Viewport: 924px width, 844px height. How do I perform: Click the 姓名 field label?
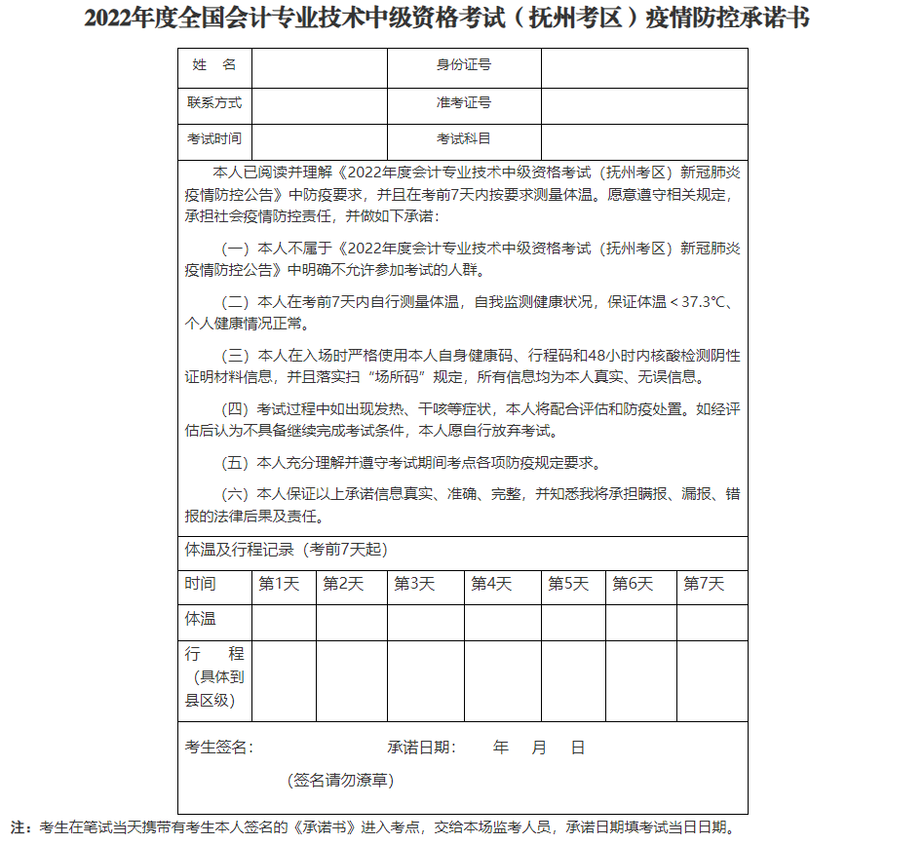coord(214,65)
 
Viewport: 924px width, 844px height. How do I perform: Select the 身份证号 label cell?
coord(464,65)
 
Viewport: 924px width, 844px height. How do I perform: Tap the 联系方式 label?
coord(214,102)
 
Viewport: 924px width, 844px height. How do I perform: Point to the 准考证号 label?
coord(464,102)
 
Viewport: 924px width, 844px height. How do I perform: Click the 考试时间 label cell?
coord(214,139)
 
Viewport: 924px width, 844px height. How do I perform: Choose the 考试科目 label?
coord(464,139)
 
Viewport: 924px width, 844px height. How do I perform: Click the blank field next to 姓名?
coord(320,66)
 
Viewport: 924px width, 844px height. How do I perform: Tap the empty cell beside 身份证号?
coord(644,66)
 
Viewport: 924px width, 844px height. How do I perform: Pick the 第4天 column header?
coord(491,584)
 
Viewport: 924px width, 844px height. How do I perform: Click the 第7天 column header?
coord(704,584)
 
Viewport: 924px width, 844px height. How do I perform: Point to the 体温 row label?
coord(201,619)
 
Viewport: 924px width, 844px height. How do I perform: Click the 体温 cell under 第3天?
coord(425,622)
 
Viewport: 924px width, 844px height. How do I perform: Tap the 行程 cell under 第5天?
coord(573,680)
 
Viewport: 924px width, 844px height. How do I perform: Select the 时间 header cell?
coord(201,584)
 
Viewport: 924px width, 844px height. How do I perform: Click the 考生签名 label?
coord(219,748)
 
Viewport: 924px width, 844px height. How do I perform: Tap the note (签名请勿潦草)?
coord(341,780)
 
